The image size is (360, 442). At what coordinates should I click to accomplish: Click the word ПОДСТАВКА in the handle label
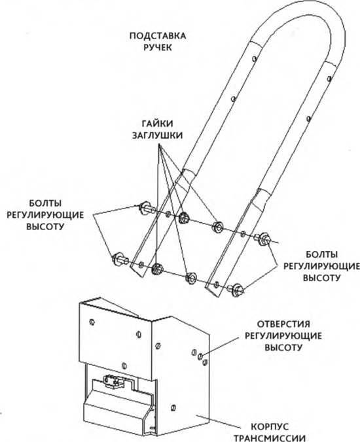(x=158, y=36)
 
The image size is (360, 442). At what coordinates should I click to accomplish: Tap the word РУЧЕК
(x=158, y=47)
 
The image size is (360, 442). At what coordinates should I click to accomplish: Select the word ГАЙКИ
(x=158, y=124)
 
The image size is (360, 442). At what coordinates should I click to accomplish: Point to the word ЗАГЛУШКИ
(x=158, y=135)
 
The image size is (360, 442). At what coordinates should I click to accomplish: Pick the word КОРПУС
(x=270, y=426)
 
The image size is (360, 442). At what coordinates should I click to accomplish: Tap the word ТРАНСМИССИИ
(x=270, y=438)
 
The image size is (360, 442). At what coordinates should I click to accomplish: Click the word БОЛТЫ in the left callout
(x=45, y=203)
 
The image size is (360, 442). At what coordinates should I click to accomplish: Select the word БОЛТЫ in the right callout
(x=322, y=254)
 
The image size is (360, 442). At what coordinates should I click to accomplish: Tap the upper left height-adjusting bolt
(x=146, y=208)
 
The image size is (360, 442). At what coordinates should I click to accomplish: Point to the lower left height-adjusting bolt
(x=120, y=259)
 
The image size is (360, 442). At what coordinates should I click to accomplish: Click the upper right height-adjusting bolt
(x=263, y=238)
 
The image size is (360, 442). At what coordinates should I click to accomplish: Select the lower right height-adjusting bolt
(x=236, y=290)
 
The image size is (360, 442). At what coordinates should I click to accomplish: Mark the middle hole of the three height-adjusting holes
(x=200, y=356)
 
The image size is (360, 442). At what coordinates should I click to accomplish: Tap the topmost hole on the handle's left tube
(x=255, y=58)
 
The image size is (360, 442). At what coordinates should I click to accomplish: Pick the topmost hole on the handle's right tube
(x=329, y=78)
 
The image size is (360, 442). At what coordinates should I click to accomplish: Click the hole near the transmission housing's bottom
(x=173, y=408)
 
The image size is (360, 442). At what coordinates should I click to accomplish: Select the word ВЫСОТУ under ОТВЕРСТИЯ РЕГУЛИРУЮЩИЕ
(x=283, y=347)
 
